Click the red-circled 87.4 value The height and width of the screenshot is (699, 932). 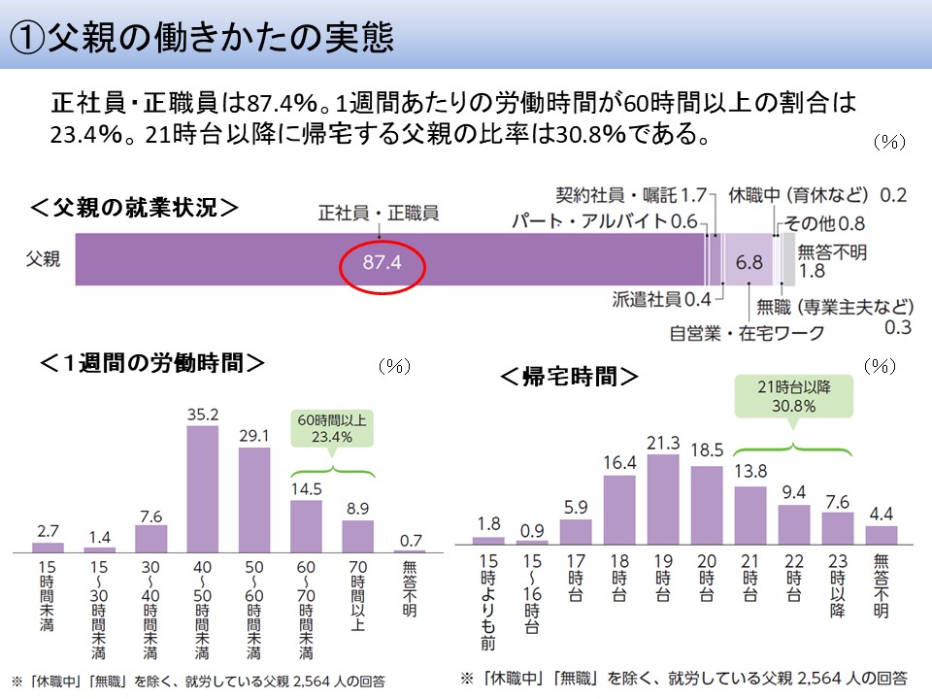383,263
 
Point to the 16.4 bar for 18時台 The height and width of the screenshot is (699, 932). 619,510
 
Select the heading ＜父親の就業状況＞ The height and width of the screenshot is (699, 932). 135,209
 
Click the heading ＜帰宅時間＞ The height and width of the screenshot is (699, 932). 569,376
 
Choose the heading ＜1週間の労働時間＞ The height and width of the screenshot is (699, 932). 152,363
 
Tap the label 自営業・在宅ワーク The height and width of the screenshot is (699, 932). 748,333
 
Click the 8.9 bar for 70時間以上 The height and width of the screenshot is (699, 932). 358,535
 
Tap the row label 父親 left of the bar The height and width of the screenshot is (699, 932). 43,259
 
